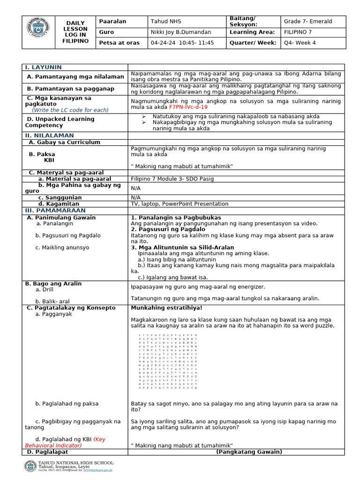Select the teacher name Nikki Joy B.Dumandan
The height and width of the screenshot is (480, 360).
tap(180, 32)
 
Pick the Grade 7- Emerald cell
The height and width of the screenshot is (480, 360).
tap(307, 22)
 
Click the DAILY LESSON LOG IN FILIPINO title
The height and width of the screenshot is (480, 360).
tap(75, 32)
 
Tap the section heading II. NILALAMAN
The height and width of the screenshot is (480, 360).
tap(47, 135)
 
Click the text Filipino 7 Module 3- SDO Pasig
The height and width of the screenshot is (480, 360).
tap(171, 179)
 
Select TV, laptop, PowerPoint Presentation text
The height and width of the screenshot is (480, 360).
tap(180, 204)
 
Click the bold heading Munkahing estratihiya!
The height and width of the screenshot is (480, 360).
tap(166, 308)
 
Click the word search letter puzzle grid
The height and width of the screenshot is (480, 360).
tap(168, 361)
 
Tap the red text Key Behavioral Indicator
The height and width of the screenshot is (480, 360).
tap(65, 442)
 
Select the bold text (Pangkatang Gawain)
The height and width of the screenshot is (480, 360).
tap(249, 452)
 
